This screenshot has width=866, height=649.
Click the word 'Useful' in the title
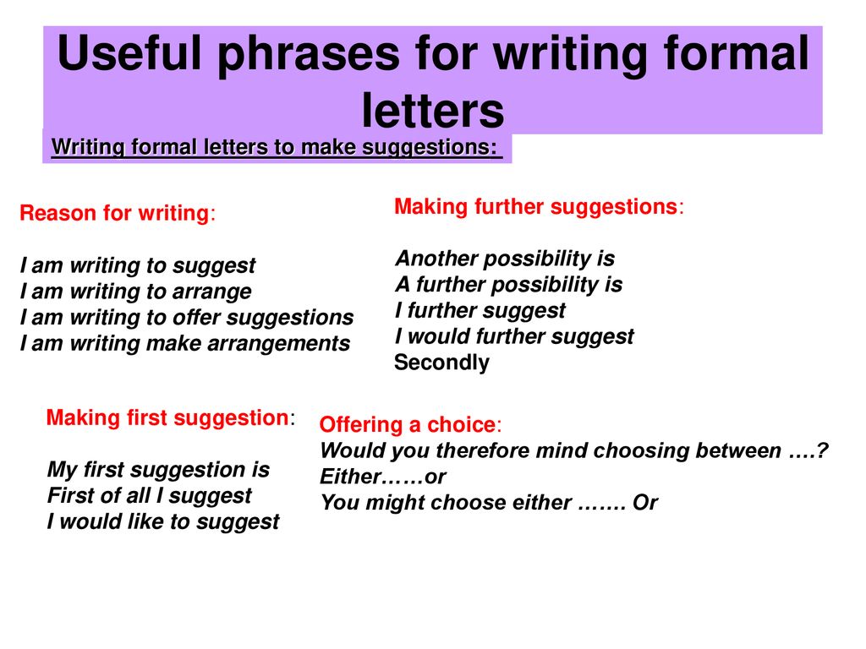click(x=129, y=53)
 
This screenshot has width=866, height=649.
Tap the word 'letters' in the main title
click(x=433, y=111)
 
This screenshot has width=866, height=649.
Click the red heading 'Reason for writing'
click(x=114, y=213)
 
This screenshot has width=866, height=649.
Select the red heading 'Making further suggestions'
click(x=535, y=206)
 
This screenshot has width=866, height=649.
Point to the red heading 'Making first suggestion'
click(x=167, y=417)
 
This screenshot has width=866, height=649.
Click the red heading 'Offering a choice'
click(x=408, y=424)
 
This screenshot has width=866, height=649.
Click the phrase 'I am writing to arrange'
click(x=136, y=292)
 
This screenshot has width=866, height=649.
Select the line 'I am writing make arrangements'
click(x=185, y=343)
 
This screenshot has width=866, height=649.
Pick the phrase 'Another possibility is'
click(x=506, y=259)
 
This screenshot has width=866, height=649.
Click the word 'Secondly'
click(x=441, y=363)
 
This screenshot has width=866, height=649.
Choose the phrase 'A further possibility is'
click(x=508, y=284)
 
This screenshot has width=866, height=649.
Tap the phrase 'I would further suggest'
click(x=515, y=336)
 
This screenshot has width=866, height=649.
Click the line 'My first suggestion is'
click(x=158, y=470)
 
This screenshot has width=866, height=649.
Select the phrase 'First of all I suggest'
click(x=149, y=495)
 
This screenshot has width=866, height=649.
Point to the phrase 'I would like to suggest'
click(x=163, y=521)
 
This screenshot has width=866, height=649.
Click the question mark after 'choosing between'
click(x=822, y=450)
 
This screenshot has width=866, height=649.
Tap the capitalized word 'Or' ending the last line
click(x=645, y=502)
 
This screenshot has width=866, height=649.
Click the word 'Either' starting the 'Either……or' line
click(x=351, y=477)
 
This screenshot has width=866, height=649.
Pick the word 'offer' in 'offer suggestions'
click(x=196, y=318)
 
